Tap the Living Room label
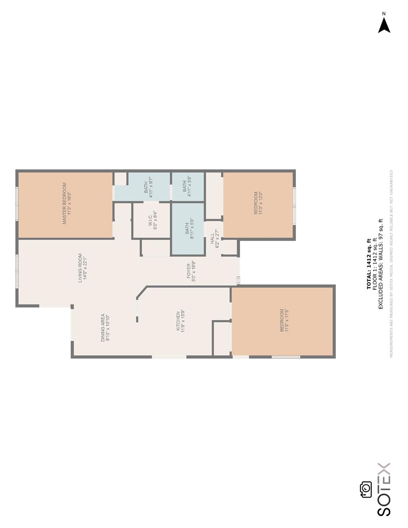(82, 268)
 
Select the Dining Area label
(105, 328)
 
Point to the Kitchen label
(180, 322)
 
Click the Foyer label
(191, 272)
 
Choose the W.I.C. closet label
(153, 221)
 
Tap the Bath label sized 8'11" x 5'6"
(189, 228)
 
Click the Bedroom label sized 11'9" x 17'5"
(284, 320)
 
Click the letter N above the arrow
(384, 14)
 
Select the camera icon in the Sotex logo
(366, 489)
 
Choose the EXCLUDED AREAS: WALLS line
(381, 264)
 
